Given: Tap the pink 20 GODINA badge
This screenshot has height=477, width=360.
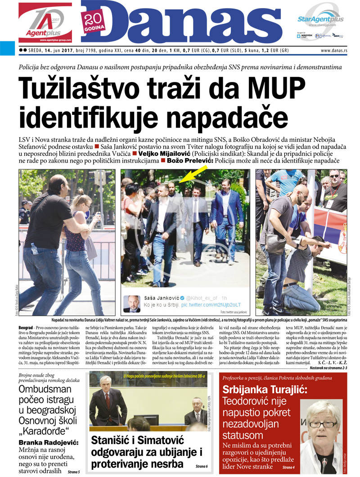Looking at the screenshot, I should (94, 21).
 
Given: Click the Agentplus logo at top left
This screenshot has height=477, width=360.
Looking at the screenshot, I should (45, 23).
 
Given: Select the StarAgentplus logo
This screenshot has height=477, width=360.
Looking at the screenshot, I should (320, 19).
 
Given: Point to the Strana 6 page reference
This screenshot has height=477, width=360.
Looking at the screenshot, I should (201, 466).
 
